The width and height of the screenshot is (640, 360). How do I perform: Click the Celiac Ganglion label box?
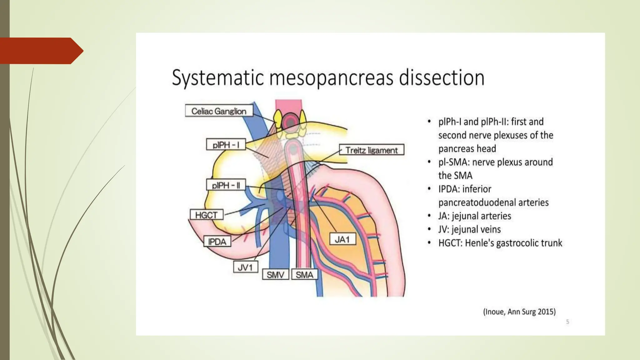219,111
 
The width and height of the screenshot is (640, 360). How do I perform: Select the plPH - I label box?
226,145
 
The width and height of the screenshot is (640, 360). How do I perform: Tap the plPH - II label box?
226,185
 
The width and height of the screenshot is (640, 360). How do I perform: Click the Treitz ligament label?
372,150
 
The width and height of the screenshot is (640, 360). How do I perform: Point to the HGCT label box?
206,215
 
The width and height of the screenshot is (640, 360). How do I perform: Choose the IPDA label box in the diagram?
217,242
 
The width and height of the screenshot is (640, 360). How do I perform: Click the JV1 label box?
245,267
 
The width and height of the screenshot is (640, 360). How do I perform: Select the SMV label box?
275,275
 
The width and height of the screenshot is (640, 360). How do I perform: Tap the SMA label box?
304,275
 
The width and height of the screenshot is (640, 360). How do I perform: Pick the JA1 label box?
342,239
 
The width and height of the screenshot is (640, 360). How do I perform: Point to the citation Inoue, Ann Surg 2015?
519,312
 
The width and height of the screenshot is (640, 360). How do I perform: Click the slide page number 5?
567,322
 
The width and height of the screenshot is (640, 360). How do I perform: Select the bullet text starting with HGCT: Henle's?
500,243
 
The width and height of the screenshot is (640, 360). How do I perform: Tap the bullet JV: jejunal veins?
469,229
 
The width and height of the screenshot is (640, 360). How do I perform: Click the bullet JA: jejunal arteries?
474,216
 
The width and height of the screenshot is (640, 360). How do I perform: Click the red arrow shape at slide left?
41,51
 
